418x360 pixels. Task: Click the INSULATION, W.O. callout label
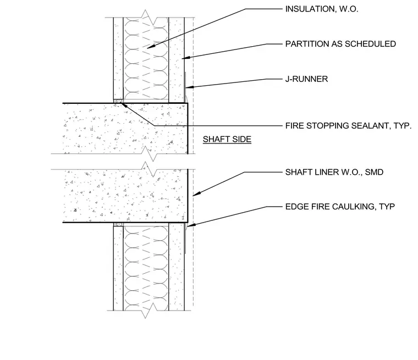tap(322, 9)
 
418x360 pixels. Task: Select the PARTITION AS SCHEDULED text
tap(340, 44)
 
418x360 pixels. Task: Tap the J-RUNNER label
tap(306, 79)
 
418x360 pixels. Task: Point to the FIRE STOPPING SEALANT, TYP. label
tap(348, 126)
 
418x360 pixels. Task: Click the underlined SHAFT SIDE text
tap(227, 140)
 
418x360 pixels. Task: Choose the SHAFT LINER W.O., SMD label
tap(334, 172)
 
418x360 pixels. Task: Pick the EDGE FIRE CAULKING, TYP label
tap(340, 207)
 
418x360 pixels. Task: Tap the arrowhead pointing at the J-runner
tap(188, 87)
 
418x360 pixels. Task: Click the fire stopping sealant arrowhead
tap(123, 105)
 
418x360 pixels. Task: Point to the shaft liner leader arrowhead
tap(194, 195)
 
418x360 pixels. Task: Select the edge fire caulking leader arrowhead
tap(189, 226)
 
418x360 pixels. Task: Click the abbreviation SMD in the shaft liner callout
tap(375, 172)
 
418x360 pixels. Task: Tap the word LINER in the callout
tap(322, 172)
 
